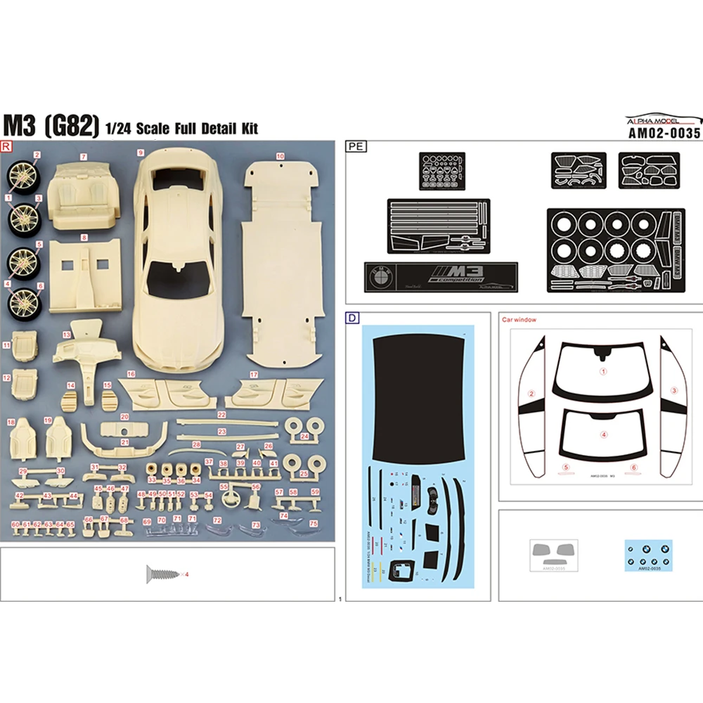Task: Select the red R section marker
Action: pos(7,146)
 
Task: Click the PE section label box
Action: pos(354,147)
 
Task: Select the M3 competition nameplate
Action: pos(441,275)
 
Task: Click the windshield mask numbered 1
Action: pos(602,370)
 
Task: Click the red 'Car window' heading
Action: pos(519,320)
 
